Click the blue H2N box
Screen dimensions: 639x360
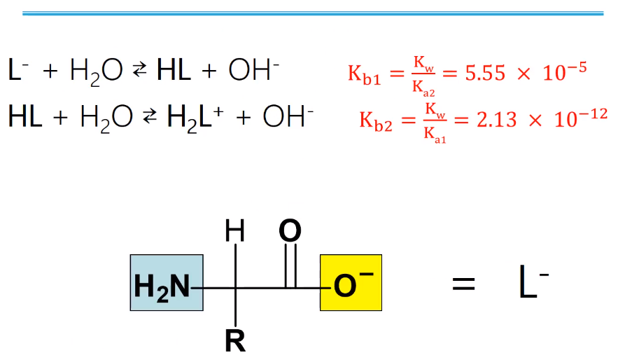click(166, 283)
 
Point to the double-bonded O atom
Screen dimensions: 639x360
click(290, 232)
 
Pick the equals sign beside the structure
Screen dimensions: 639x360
click(463, 285)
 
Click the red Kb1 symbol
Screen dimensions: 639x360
click(365, 74)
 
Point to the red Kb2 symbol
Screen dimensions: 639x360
click(376, 120)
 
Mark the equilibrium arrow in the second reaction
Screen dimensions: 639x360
click(150, 118)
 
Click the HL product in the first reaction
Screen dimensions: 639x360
click(174, 71)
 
